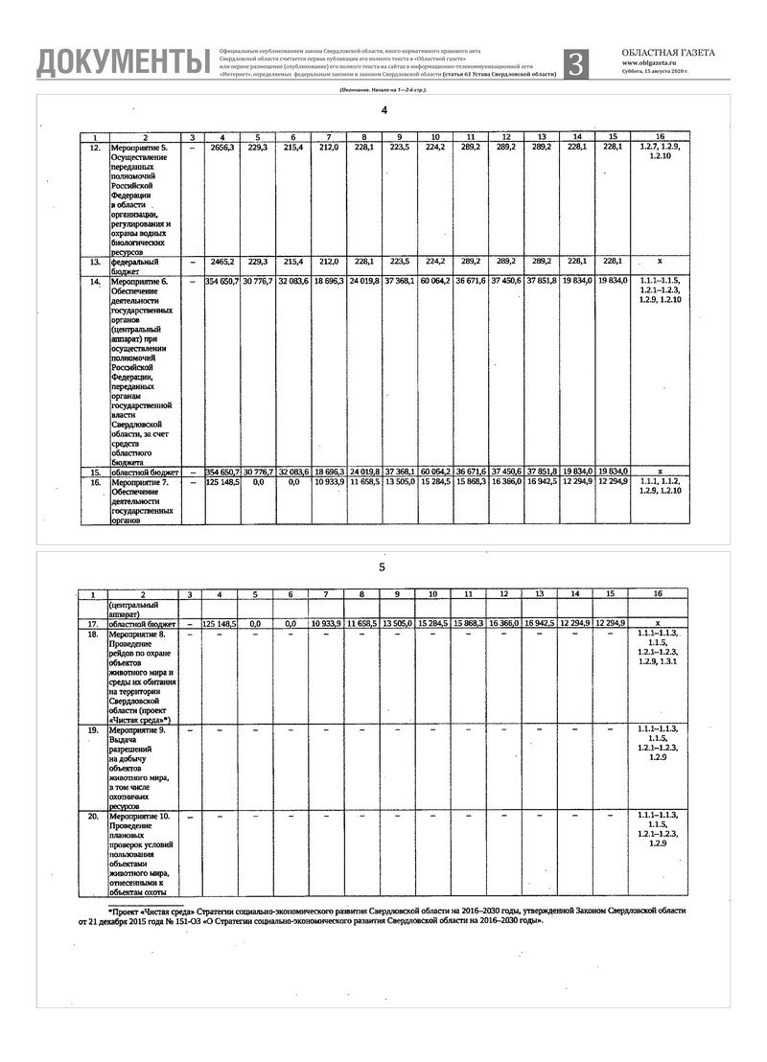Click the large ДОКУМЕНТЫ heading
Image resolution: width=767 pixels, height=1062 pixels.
pos(123,61)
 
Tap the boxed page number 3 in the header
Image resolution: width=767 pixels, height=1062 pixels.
pos(575,62)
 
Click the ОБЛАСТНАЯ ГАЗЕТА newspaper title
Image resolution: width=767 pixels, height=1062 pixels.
pos(667,54)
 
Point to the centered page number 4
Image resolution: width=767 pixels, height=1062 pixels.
pos(384,111)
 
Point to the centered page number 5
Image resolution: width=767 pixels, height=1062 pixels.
pos(382,567)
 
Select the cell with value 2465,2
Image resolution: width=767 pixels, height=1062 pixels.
pos(221,261)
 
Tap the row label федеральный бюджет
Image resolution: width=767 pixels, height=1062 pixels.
pos(134,265)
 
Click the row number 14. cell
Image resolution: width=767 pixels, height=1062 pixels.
pos(94,283)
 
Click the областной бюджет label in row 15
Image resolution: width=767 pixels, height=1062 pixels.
pos(144,472)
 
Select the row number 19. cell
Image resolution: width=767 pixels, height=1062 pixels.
pos(94,730)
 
